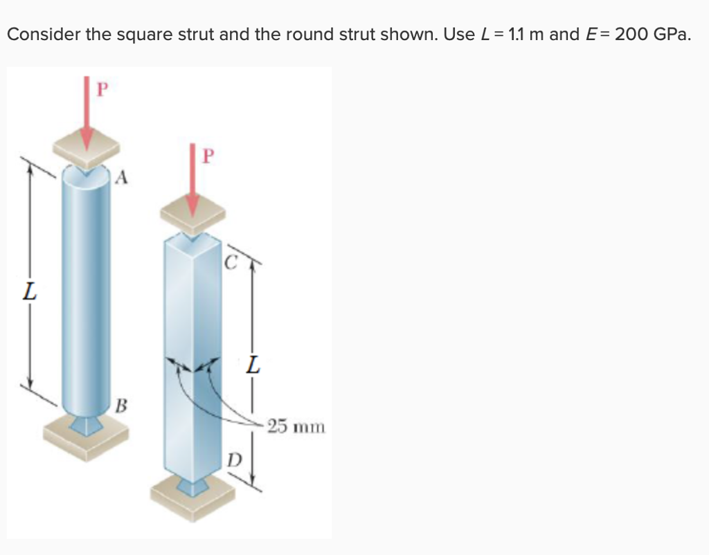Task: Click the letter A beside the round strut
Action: point(121,179)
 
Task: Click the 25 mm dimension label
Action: point(296,426)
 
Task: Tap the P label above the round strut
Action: point(102,90)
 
